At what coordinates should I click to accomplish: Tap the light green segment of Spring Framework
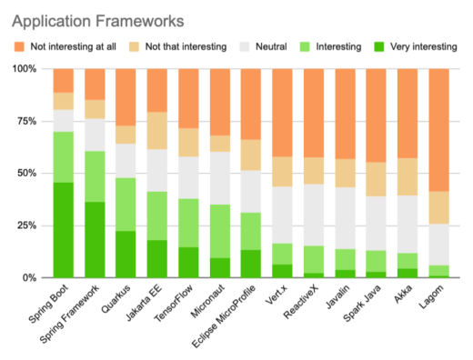coord(95,176)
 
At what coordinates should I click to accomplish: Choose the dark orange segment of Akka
coord(408,114)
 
